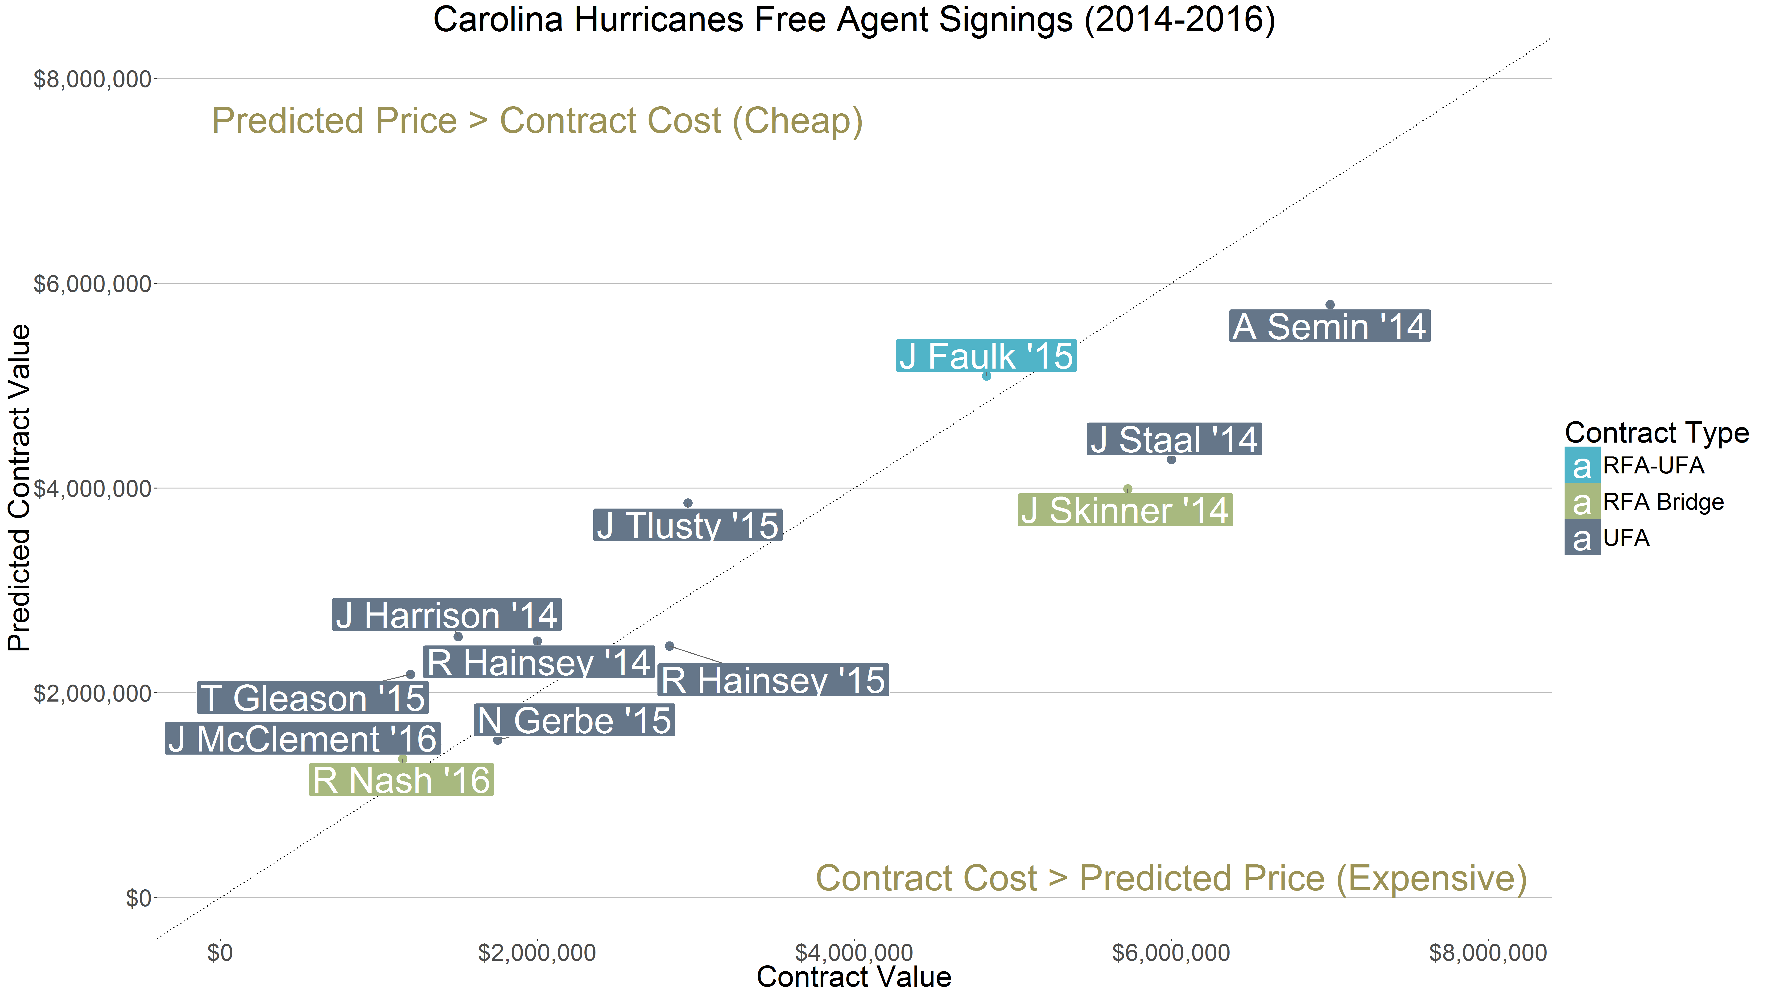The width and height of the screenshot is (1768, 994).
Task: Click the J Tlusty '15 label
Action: (687, 526)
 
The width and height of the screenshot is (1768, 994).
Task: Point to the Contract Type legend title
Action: (1656, 433)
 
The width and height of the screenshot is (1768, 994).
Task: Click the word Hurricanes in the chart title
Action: (658, 19)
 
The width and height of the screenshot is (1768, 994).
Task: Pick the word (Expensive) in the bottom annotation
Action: (1431, 879)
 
